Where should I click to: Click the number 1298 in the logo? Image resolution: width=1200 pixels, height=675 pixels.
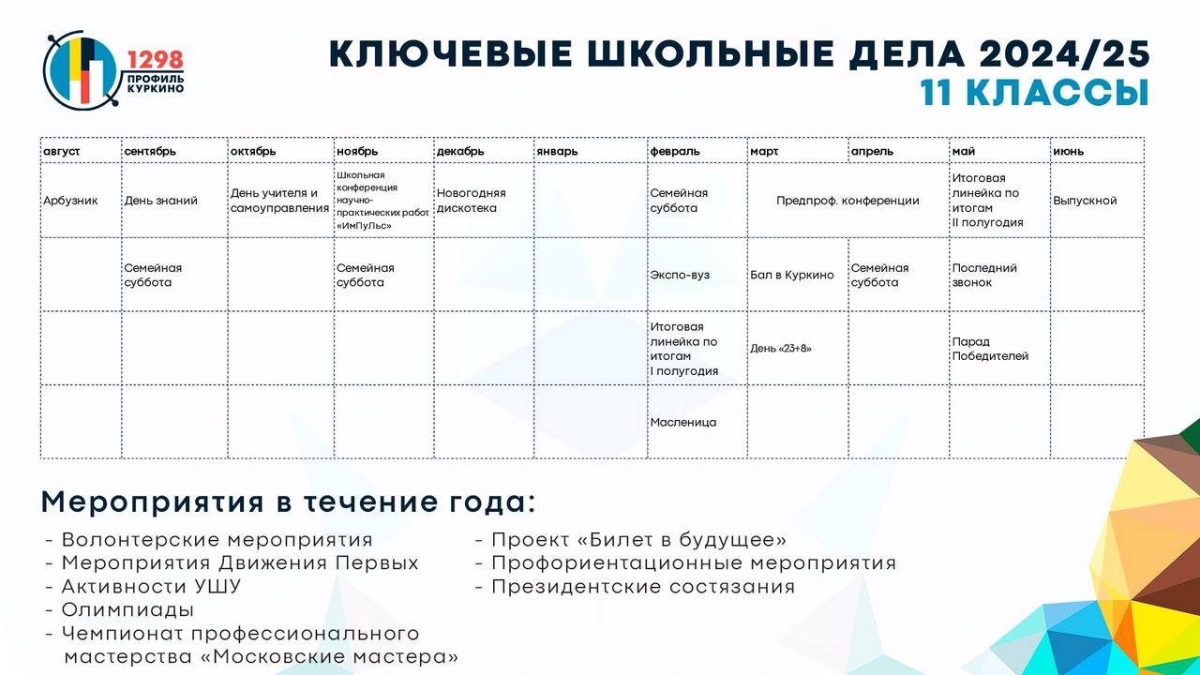(x=156, y=60)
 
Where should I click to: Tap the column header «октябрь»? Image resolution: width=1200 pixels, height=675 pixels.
(x=253, y=151)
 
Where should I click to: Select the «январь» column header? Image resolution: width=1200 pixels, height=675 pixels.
(x=557, y=151)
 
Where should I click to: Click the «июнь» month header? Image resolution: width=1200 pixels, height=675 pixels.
(x=1068, y=151)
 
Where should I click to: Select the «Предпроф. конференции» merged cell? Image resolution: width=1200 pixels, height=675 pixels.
(x=847, y=201)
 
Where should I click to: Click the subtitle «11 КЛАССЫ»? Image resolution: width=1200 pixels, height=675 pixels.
(x=1034, y=93)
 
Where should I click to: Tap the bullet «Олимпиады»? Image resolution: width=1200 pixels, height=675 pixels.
(x=127, y=609)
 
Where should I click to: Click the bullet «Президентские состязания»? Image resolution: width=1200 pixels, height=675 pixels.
(x=643, y=587)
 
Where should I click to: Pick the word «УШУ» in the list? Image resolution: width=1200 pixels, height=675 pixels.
(x=216, y=587)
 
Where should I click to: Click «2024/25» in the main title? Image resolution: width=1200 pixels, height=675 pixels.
(x=1064, y=53)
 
